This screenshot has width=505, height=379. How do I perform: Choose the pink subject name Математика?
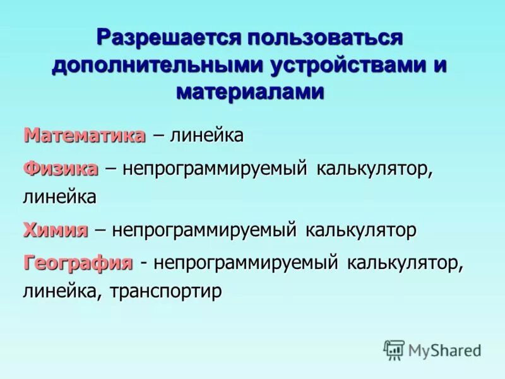tap(85, 135)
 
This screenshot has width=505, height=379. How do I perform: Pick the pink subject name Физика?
tap(61, 169)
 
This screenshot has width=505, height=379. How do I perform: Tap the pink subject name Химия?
tap(56, 230)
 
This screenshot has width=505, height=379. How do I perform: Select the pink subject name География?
tap(78, 262)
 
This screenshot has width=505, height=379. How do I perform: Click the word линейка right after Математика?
tap(208, 135)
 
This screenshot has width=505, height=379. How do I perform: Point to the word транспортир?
tap(166, 291)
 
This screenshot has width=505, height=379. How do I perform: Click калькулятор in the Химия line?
tap(361, 230)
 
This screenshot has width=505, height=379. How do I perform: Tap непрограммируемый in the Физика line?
tap(215, 169)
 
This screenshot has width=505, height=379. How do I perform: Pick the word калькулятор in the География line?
tap(405, 262)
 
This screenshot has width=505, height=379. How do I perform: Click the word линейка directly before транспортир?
tap(61, 291)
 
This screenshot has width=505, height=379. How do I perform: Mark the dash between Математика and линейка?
tap(158, 136)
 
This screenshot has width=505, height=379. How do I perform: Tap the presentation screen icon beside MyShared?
tap(394, 349)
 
